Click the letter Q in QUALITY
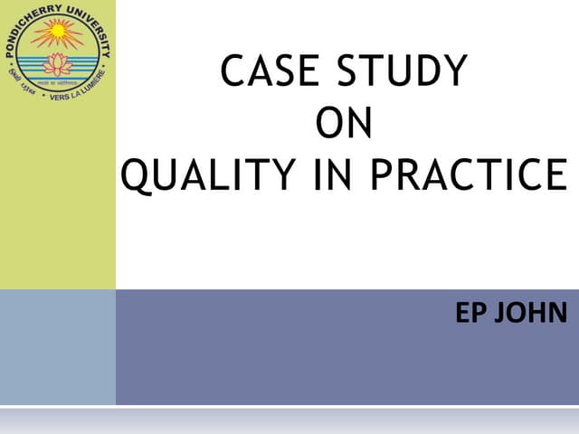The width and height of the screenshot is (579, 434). tap(135, 175)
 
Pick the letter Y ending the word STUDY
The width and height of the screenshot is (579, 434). tap(455, 72)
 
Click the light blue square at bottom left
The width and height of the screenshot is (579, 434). tap(57, 347)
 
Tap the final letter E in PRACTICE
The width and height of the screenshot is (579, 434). tap(555, 175)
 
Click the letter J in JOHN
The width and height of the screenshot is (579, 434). tap(505, 316)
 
